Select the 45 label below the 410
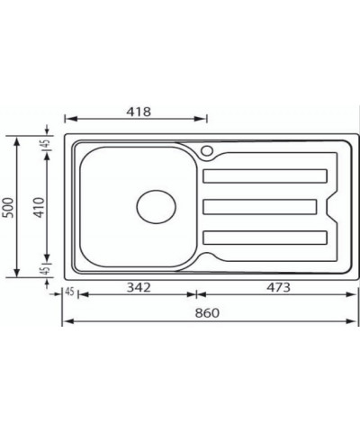click(44, 271)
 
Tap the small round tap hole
click(207, 150)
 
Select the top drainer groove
click(265, 175)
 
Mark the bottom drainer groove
click(265, 237)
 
